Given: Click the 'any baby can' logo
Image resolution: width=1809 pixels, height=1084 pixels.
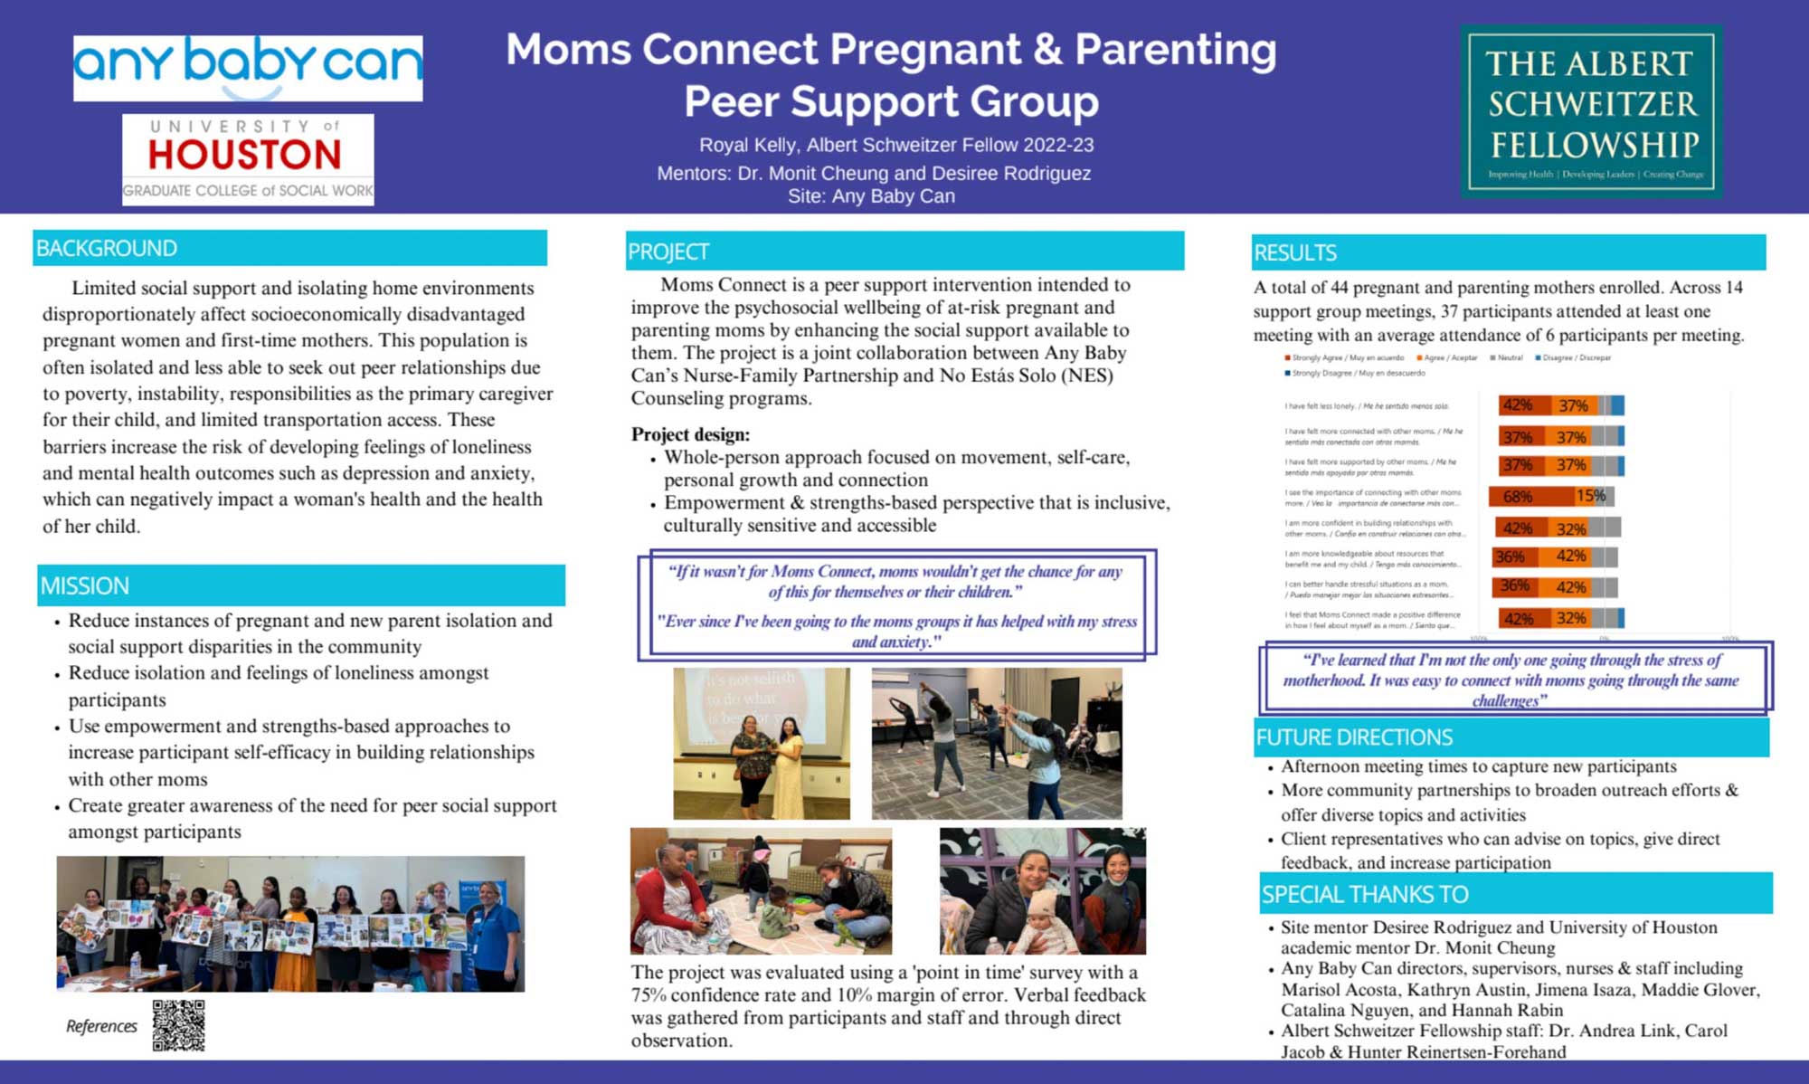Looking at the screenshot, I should [x=247, y=67].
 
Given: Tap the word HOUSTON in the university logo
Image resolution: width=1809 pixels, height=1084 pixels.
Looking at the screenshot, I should [x=245, y=155].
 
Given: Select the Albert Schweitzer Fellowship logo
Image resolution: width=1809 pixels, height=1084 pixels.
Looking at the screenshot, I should [x=1591, y=111].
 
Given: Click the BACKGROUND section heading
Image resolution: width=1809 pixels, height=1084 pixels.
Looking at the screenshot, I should [x=107, y=248].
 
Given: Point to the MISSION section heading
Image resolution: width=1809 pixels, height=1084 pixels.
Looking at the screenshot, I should [x=85, y=585].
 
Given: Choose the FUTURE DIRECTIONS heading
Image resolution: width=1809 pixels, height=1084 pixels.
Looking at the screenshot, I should [x=1354, y=737].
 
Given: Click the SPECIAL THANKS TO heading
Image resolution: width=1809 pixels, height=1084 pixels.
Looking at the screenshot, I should [x=1365, y=894].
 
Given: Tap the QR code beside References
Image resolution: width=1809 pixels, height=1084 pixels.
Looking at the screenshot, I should [x=178, y=1025].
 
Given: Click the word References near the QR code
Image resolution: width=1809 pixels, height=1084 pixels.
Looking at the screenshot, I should [x=101, y=1026].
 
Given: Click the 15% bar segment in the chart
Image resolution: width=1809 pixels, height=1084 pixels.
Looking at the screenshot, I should [x=1590, y=496].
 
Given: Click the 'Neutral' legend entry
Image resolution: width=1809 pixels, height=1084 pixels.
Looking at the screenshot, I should [x=1508, y=358].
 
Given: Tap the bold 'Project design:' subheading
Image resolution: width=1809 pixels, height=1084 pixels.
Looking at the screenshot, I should [x=690, y=434].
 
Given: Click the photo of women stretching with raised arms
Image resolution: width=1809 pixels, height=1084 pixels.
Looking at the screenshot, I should [x=996, y=743].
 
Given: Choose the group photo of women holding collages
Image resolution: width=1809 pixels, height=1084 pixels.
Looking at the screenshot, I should [x=290, y=923].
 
